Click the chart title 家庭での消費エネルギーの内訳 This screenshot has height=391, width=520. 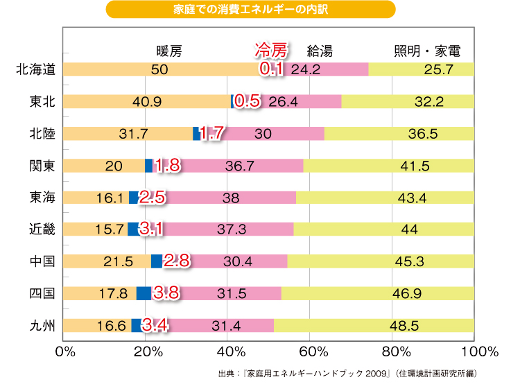tap(251, 10)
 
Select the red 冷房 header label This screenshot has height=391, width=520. tap(270, 51)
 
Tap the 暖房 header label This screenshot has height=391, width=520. tap(170, 51)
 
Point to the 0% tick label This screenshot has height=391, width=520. tap(64, 351)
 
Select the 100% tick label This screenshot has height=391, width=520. tap(474, 351)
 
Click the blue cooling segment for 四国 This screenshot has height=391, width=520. tap(144, 293)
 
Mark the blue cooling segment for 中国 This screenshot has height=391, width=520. tap(157, 261)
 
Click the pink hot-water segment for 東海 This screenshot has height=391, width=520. tap(232, 198)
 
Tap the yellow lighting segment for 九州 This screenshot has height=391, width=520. tap(374, 325)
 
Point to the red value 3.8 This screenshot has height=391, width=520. tap(166, 293)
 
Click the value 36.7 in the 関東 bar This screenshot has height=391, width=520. tap(239, 166)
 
